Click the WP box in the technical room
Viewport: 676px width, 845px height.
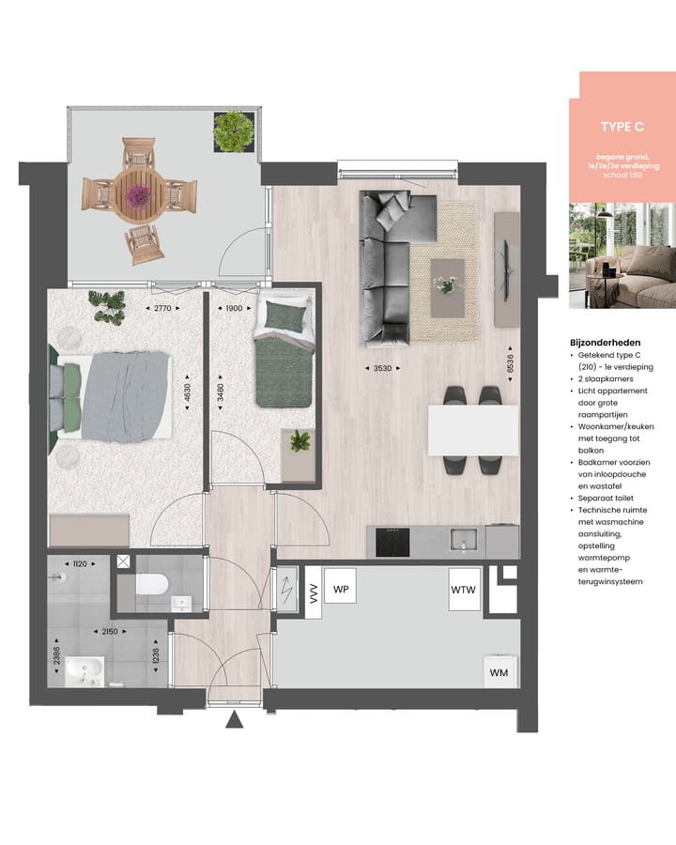pos(342,590)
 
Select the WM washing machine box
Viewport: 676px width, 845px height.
pos(499,672)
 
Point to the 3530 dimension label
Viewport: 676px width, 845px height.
pos(382,369)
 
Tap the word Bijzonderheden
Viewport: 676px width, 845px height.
pos(605,344)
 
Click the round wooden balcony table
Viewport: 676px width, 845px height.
pos(138,192)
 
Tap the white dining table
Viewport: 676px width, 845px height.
pos(473,429)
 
